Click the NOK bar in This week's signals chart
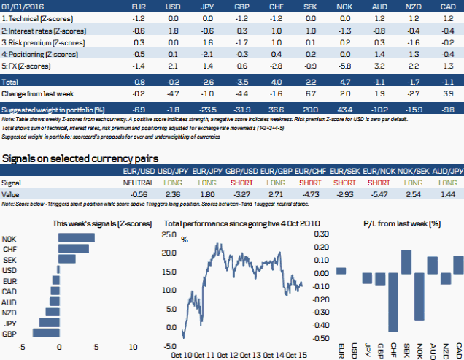[x=76, y=238]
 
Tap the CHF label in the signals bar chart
[x=9, y=248]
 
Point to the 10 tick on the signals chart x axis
[x=133, y=348]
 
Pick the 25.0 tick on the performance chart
[x=169, y=236]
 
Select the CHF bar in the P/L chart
[x=393, y=301]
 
